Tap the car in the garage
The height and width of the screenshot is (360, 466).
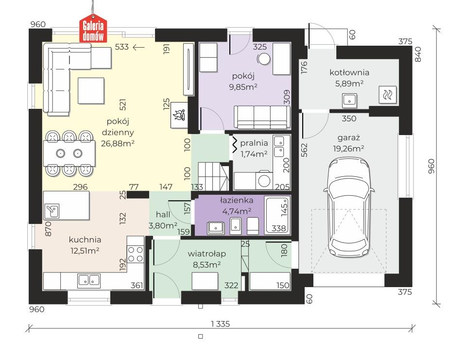pos(349,208)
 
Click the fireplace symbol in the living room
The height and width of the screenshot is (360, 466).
pos(179,115)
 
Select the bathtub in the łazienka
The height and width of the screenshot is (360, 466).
pos(277,215)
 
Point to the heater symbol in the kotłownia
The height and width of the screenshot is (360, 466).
pos(388,95)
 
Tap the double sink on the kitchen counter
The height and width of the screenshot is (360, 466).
pos(89,280)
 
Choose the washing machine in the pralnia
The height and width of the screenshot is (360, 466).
pos(264,180)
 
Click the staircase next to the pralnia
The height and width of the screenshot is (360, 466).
pos(213,176)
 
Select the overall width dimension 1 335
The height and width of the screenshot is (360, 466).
pos(221,324)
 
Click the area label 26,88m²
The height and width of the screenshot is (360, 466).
pos(118,143)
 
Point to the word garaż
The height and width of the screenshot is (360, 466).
pos(348,138)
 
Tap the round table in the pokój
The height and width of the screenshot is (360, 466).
pos(263,59)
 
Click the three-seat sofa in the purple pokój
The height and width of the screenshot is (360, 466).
pos(262,117)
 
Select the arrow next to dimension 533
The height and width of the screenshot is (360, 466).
pos(138,47)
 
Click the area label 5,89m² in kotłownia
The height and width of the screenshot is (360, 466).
pos(349,84)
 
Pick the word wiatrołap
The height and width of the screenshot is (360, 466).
pos(207,254)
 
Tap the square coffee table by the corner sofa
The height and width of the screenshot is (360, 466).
pos(91,90)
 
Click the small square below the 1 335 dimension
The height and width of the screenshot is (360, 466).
pos(201,337)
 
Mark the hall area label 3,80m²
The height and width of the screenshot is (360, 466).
pos(163,226)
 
